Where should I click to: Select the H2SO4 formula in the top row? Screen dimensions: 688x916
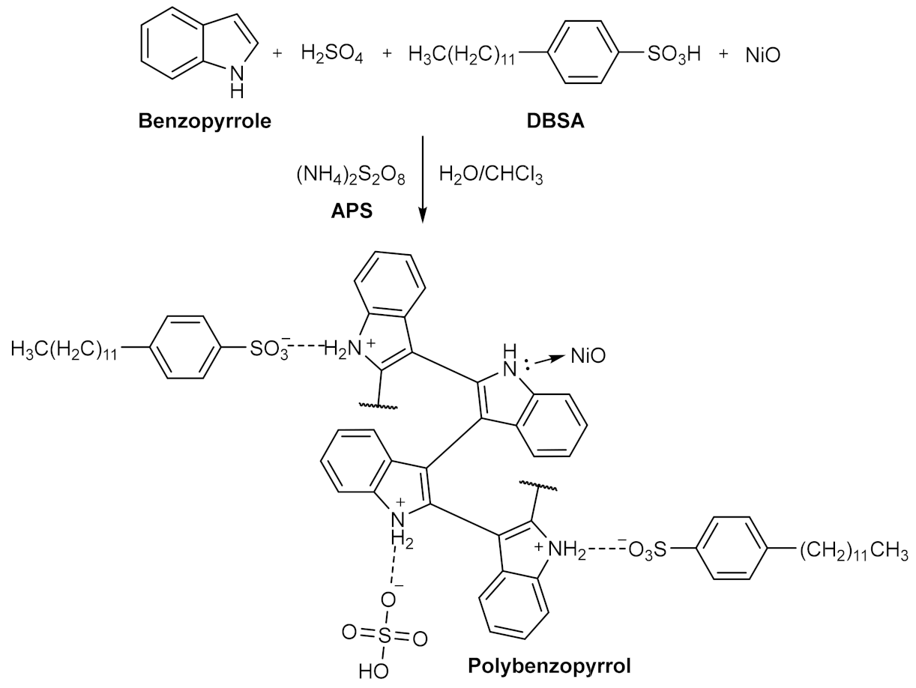point(331,55)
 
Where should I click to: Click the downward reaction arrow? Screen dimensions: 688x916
point(424,180)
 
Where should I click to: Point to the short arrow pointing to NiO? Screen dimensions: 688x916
point(552,358)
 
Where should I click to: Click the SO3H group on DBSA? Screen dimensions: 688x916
point(673,55)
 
